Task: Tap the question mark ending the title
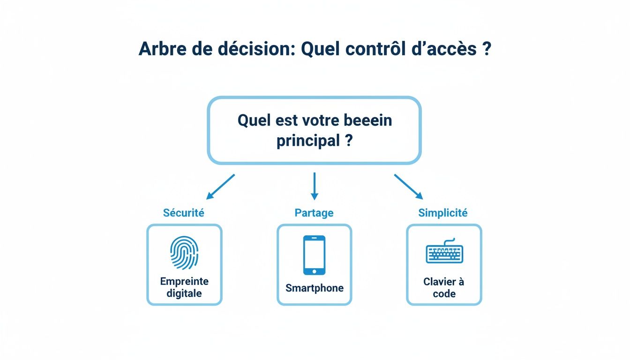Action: (x=486, y=49)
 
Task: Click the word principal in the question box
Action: (x=307, y=141)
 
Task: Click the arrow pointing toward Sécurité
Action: (x=220, y=187)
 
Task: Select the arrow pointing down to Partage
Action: (x=315, y=186)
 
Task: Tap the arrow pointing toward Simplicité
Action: (x=408, y=187)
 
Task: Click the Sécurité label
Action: (x=184, y=213)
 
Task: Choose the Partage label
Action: (x=314, y=213)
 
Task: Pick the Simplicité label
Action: (x=443, y=213)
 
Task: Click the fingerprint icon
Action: (x=184, y=253)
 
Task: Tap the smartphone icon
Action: (x=314, y=255)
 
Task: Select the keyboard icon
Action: (x=444, y=253)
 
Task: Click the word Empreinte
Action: (x=184, y=282)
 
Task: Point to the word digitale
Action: (x=184, y=294)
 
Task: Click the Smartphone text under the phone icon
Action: (x=315, y=288)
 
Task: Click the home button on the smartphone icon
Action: (x=314, y=271)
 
